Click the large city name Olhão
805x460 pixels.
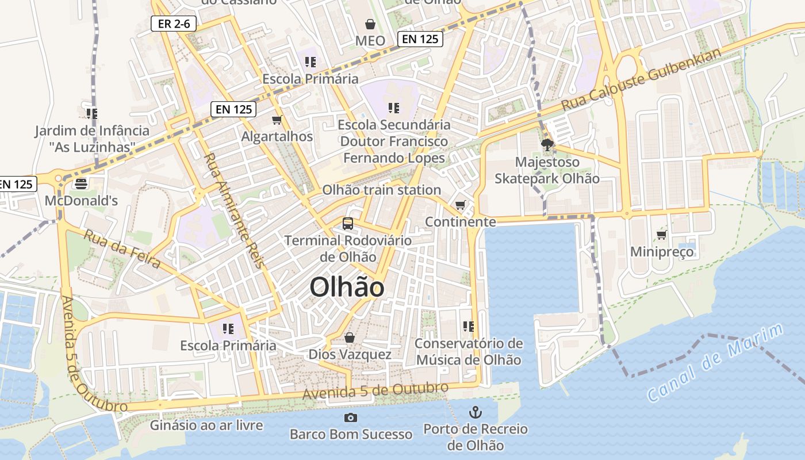(x=347, y=287)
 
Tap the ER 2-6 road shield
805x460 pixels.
(x=174, y=24)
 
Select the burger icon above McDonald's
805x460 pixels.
(x=81, y=184)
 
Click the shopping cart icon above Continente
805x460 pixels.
(x=460, y=205)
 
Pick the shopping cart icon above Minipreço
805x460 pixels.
(x=661, y=235)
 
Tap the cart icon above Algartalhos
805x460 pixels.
(x=277, y=120)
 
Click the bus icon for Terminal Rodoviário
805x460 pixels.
(x=347, y=223)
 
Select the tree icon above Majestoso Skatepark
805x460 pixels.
(x=547, y=145)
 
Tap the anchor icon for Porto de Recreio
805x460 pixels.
(x=475, y=412)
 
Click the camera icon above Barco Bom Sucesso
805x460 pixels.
(x=350, y=417)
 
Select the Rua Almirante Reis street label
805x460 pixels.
(x=234, y=210)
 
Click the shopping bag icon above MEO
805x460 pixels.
(x=370, y=24)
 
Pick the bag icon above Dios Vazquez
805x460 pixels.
(x=349, y=338)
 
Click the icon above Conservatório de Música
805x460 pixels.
(x=469, y=327)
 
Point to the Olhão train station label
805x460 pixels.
(x=381, y=190)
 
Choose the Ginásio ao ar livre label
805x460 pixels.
(x=206, y=425)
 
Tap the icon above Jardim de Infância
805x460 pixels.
(x=91, y=113)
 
